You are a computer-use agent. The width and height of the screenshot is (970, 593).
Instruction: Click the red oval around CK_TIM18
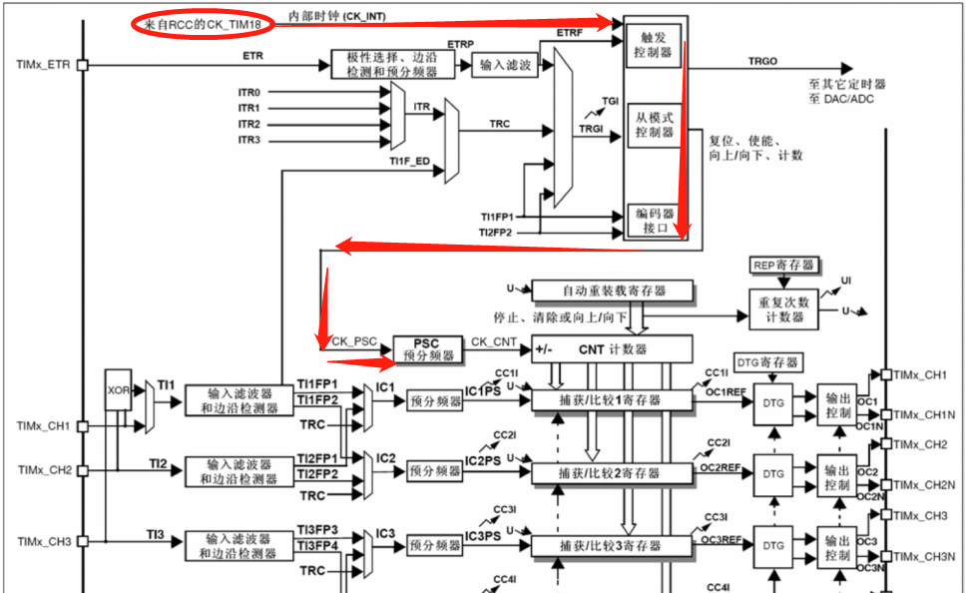tap(204, 22)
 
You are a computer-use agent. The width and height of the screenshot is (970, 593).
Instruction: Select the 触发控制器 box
tap(653, 45)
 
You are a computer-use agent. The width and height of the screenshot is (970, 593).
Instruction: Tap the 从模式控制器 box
tap(653, 124)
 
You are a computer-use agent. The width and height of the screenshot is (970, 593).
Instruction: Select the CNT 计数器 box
tap(611, 349)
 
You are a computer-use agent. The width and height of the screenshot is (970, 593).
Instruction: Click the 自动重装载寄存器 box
tap(612, 291)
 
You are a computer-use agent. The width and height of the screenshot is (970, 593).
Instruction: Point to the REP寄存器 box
tap(783, 266)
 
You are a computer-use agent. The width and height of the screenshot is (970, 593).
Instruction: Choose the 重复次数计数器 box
tap(782, 309)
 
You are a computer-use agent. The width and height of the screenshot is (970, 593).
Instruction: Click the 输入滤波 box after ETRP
tap(505, 65)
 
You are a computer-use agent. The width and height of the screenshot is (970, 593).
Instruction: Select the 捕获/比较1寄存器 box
tap(611, 400)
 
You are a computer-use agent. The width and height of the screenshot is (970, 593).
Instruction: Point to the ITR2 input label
tap(248, 124)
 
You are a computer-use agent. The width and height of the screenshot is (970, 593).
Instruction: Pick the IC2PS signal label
tap(483, 461)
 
